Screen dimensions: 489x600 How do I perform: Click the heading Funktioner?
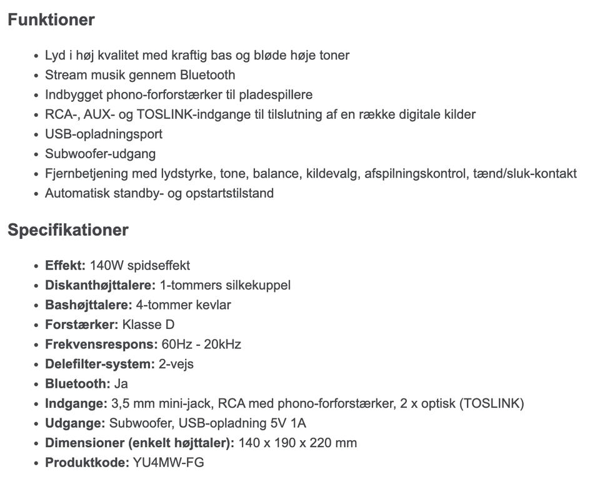click(x=51, y=20)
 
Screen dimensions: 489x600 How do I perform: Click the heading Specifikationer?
click(x=67, y=230)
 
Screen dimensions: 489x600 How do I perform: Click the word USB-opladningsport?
click(x=104, y=134)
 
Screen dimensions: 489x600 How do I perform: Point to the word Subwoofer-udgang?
click(x=100, y=154)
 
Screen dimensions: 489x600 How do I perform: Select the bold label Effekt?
click(x=65, y=265)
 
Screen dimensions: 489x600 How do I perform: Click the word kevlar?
click(x=212, y=305)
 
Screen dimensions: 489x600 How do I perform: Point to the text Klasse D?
click(x=148, y=325)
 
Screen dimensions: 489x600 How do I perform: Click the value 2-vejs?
click(x=176, y=364)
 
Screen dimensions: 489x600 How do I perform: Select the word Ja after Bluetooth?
click(x=121, y=384)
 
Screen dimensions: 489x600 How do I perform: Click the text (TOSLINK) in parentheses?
click(x=491, y=403)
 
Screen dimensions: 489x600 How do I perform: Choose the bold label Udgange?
click(x=75, y=423)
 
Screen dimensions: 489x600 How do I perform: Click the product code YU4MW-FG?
click(x=169, y=463)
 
